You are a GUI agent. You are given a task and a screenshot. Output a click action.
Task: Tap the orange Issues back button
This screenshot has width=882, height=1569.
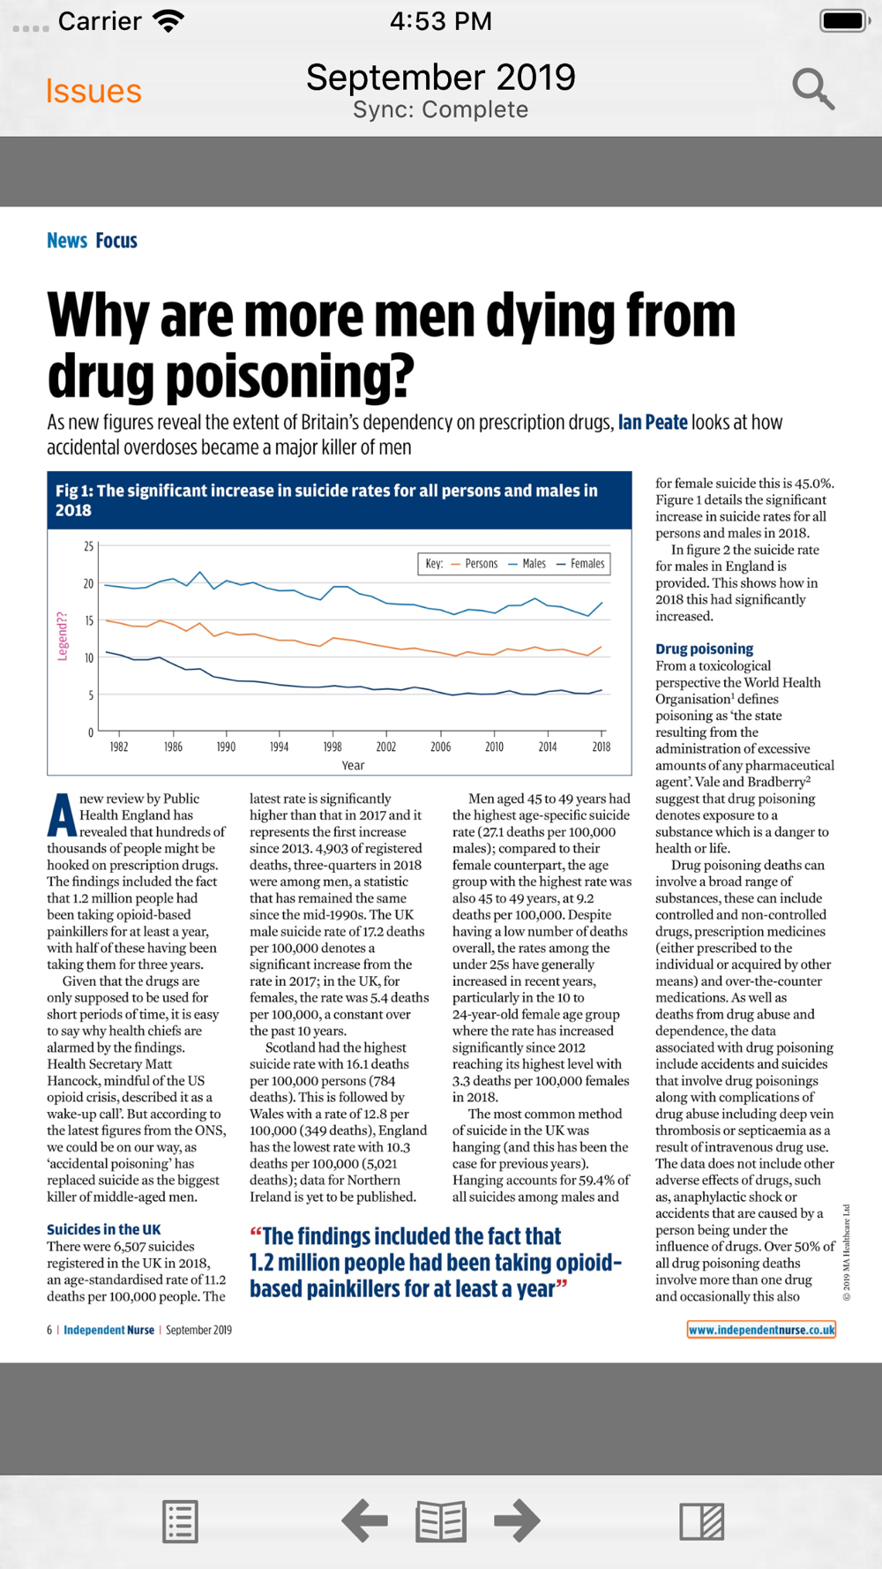click(x=93, y=92)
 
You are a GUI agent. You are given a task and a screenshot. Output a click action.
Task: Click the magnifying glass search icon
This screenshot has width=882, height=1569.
click(x=813, y=89)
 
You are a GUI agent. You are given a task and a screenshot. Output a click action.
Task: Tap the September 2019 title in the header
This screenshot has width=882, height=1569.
click(x=441, y=78)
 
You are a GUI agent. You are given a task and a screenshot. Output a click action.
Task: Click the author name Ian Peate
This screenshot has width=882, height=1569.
click(x=653, y=423)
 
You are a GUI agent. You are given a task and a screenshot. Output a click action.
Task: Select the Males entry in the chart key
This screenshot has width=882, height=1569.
click(x=527, y=564)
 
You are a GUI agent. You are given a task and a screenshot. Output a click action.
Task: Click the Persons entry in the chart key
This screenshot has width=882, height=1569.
click(x=475, y=564)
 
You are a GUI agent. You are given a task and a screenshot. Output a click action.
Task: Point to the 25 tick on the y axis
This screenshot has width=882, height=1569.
click(x=88, y=547)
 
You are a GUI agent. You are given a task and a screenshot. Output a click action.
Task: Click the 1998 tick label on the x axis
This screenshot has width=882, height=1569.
click(x=333, y=747)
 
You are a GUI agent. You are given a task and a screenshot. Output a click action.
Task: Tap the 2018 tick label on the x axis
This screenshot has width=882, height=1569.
click(x=602, y=747)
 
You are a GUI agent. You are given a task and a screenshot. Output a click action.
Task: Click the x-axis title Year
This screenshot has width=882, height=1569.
click(x=353, y=766)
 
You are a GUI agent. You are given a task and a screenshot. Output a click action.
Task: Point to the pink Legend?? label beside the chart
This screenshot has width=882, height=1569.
click(x=63, y=636)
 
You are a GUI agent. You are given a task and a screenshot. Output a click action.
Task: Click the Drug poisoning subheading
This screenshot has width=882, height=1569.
click(x=705, y=649)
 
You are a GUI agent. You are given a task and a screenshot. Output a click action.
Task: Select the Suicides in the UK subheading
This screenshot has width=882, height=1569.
click(x=104, y=1229)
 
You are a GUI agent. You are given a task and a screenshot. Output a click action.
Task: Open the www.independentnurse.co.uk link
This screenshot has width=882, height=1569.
click(x=762, y=1330)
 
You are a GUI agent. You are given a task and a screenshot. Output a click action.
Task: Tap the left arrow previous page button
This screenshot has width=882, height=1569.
click(x=364, y=1520)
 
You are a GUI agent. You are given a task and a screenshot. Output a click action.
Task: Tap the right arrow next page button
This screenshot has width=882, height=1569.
click(x=517, y=1520)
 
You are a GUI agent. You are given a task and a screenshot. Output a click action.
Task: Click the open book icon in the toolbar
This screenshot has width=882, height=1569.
click(x=441, y=1521)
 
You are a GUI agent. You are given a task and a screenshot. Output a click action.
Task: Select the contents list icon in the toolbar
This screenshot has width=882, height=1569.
click(x=180, y=1521)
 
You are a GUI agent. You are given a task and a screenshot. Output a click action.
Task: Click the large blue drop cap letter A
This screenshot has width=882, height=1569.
click(x=62, y=815)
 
